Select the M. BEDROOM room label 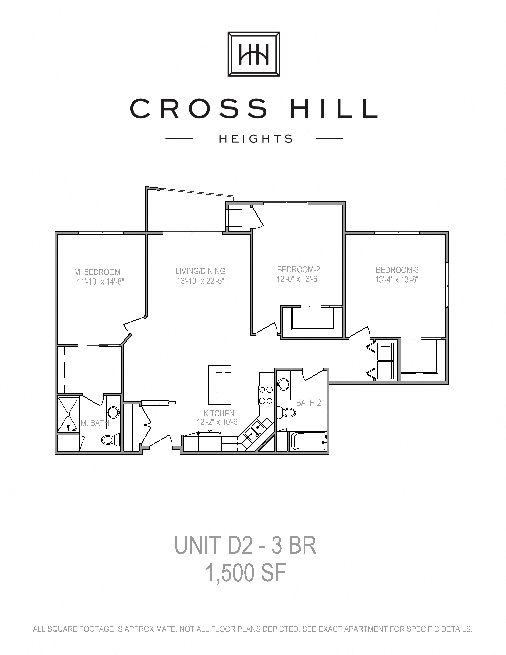[x=97, y=272]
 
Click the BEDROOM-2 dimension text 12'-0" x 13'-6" [x=298, y=279]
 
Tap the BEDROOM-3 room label [x=397, y=270]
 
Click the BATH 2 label [x=308, y=403]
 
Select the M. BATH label [x=94, y=423]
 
